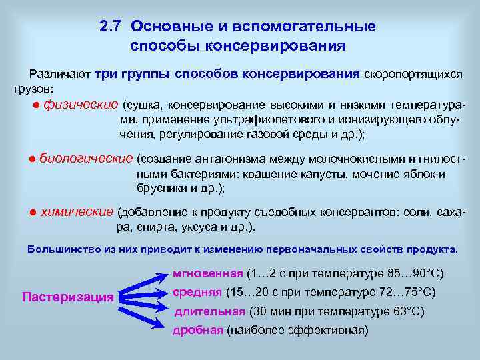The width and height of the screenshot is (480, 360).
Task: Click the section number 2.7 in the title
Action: [111, 27]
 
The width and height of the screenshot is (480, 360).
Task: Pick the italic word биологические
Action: [86, 159]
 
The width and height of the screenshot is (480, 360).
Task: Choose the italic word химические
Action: [77, 212]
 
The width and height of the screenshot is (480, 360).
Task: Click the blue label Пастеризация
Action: [68, 297]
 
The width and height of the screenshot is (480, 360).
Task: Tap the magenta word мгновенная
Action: [208, 273]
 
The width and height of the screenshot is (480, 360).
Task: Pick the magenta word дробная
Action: [197, 330]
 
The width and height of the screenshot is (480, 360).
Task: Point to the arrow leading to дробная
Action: [143, 313]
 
